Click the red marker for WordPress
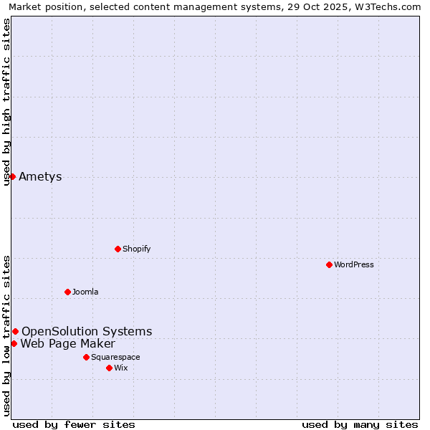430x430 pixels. [x=329, y=264]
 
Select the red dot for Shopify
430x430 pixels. [x=118, y=249]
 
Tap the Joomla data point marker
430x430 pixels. [x=67, y=292]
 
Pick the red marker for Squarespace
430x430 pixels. [x=86, y=357]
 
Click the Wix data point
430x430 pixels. [x=109, y=368]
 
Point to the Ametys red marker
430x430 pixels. [x=12, y=176]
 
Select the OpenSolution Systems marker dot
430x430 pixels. [x=15, y=331]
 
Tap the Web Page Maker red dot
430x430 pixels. [x=14, y=343]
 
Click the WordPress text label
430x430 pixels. [x=354, y=264]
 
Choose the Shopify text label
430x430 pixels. [x=136, y=249]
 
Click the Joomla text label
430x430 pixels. [x=85, y=292]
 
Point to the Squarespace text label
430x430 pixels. [x=115, y=357]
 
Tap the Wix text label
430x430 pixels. [x=120, y=368]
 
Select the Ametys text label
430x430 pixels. [x=40, y=177]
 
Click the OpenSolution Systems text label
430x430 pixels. [x=87, y=331]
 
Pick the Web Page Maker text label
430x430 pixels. [x=67, y=343]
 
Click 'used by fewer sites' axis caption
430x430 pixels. [x=74, y=424]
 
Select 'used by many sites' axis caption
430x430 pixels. [x=360, y=424]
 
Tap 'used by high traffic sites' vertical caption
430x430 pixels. [x=7, y=102]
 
